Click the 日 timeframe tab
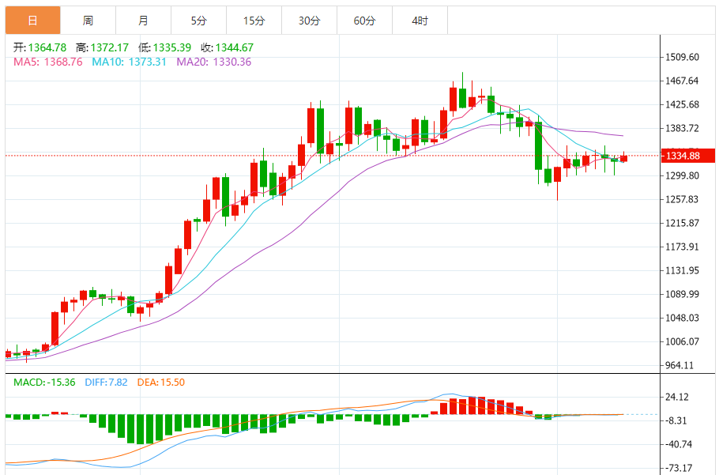coord(32,21)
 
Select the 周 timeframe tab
coord(88,21)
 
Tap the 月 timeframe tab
coord(143,21)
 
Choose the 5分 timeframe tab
coord(198,21)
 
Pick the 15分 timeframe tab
coord(254,21)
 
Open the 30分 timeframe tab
coord(309,21)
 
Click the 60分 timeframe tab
coord(364,21)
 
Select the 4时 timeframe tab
coord(420,21)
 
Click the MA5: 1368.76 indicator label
coord(47,62)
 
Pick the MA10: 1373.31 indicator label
coord(129,62)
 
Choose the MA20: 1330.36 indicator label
coord(213,62)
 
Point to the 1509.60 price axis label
coord(683,57)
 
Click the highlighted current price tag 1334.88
coord(683,156)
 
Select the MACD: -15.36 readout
coord(45,383)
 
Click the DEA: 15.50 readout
coord(161,383)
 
